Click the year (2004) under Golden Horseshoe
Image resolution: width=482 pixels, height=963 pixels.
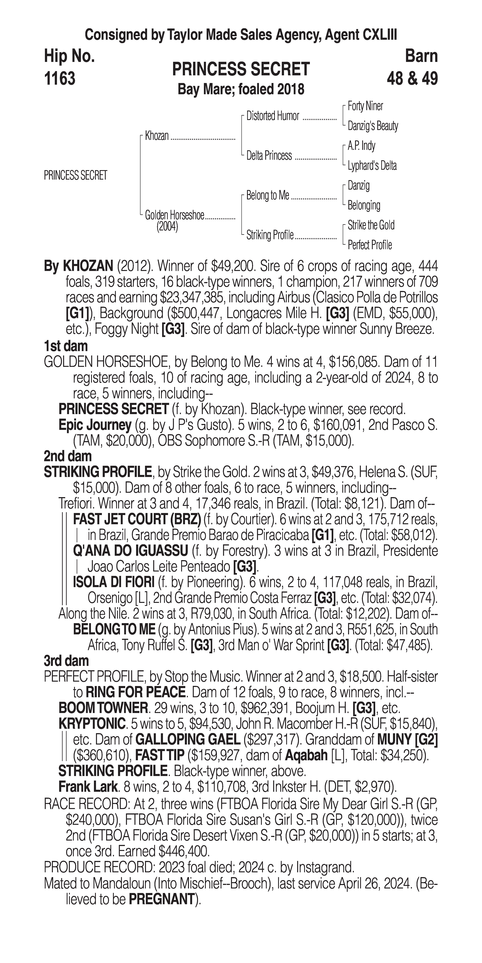[x=167, y=227]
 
